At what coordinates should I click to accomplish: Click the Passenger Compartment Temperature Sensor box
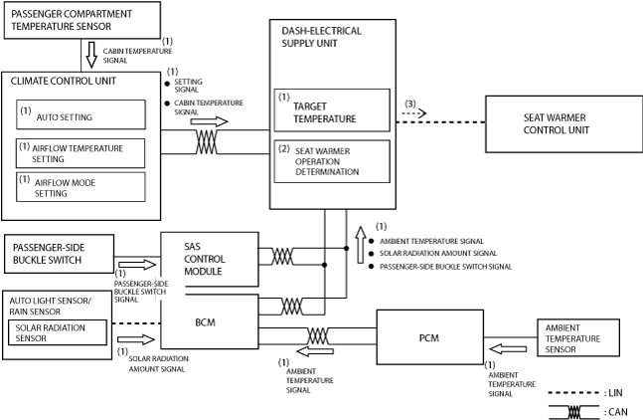82,20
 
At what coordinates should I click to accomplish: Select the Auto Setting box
80,114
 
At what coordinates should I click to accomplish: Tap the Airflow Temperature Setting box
80,153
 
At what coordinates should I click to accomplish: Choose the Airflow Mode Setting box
80,187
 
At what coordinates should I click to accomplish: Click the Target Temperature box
332,110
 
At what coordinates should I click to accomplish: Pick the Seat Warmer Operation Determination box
332,161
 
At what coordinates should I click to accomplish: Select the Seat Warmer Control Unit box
563,124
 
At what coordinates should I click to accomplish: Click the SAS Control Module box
210,259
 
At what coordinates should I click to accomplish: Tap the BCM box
210,321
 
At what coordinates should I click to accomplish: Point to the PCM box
429,337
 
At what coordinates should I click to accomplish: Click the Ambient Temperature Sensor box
578,337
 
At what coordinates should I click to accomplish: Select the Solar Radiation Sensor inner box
58,332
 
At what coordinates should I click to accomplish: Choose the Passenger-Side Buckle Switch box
59,254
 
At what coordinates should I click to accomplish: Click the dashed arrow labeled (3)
414,112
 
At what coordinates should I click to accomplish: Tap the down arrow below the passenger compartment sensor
91,55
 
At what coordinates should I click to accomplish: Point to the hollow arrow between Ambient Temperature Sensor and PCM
508,349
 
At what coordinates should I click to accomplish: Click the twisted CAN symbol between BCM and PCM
318,335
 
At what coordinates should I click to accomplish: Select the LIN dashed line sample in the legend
574,393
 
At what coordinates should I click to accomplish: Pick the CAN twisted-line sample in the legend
574,412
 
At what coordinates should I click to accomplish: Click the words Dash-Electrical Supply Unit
322,37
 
